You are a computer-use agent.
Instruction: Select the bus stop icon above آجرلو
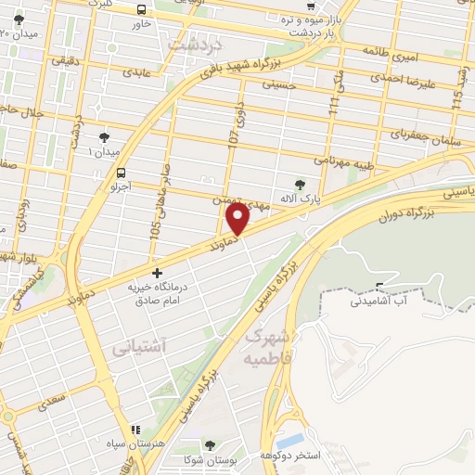(122, 172)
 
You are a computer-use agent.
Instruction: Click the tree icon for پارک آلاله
(298, 184)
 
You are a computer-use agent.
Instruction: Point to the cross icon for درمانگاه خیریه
(157, 274)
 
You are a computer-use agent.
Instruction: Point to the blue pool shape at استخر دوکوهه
(292, 439)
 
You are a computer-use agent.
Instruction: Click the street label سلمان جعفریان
(398, 134)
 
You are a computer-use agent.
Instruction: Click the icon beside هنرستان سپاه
(136, 430)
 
